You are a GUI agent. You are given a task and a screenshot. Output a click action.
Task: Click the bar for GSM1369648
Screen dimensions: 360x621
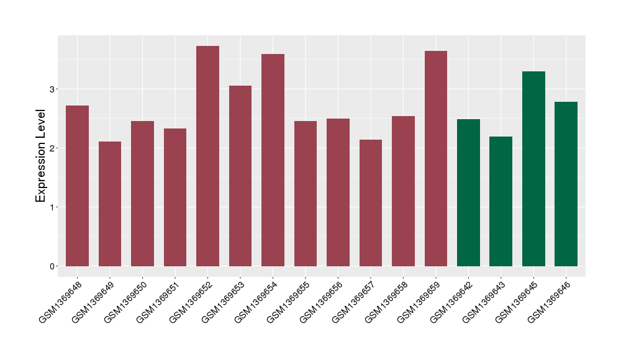tap(77, 186)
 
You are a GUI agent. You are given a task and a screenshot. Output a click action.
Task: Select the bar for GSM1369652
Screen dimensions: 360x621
tap(207, 156)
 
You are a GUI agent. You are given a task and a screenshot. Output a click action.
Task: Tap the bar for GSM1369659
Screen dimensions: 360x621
tap(436, 158)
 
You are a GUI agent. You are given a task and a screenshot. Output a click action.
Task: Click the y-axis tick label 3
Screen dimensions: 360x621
tap(53, 89)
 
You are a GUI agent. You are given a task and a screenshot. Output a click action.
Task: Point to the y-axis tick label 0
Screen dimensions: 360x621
tap(53, 266)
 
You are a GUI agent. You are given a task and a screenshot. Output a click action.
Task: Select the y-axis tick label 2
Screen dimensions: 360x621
tap(53, 148)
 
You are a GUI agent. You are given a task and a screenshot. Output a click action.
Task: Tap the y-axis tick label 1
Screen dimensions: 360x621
tap(53, 207)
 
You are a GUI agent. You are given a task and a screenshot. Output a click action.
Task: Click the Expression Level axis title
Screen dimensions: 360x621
tap(41, 155)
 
